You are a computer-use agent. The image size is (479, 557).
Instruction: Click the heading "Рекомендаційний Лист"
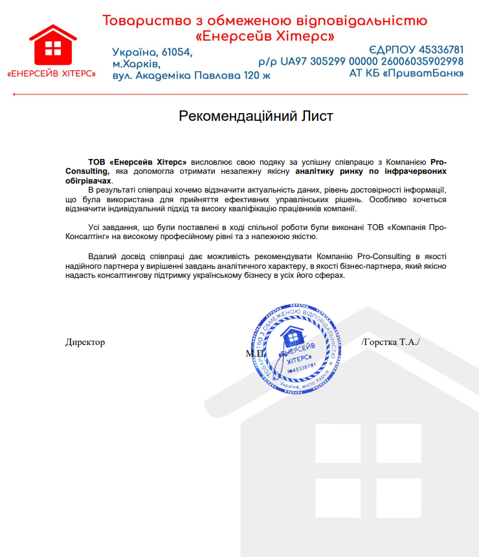coord(256,116)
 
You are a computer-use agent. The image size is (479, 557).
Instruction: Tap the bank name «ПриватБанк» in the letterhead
coord(425,74)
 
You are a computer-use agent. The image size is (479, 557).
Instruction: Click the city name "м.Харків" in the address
coord(136,64)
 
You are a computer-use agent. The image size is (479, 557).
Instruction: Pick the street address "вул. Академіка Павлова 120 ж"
coord(191,76)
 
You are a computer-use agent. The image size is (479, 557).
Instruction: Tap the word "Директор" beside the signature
coord(85,342)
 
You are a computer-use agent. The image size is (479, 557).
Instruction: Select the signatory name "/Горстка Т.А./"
coord(390,342)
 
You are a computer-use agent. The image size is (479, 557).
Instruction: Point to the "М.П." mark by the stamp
coord(254,353)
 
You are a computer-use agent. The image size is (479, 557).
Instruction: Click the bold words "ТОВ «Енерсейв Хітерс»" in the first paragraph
coord(138,161)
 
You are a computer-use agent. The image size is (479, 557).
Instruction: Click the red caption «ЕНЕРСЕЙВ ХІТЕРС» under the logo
coord(51,74)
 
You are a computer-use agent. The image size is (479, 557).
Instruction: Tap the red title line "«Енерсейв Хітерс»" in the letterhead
coord(265,36)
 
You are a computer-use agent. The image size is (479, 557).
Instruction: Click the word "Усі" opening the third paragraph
coord(95,227)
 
